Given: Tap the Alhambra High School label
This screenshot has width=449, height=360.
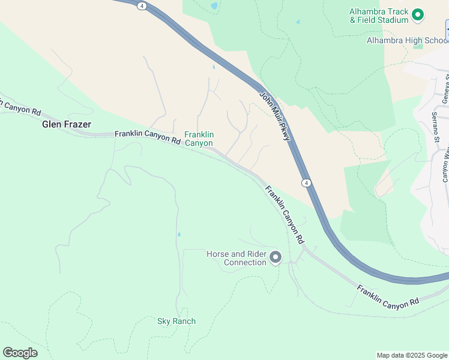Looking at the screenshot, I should [408, 40].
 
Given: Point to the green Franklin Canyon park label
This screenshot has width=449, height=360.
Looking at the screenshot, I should [199, 139].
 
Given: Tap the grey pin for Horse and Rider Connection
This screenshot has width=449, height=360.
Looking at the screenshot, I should [276, 257].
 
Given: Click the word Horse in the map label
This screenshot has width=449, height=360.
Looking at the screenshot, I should [217, 254].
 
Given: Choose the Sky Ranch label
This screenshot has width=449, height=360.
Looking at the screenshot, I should [176, 321].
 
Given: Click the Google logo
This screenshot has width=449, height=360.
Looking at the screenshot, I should [20, 353].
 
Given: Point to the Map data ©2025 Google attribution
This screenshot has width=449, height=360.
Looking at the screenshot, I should [412, 355].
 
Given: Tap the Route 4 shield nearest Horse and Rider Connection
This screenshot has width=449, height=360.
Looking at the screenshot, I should [306, 182].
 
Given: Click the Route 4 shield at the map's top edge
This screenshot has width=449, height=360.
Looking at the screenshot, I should [141, 5].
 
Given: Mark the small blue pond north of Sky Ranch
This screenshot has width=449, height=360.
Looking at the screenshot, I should [179, 234].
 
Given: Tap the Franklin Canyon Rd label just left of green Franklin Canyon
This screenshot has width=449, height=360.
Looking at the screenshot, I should [147, 137].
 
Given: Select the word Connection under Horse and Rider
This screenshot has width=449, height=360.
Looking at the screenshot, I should [245, 262].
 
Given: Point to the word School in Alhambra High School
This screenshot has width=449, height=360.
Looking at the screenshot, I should [434, 40].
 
